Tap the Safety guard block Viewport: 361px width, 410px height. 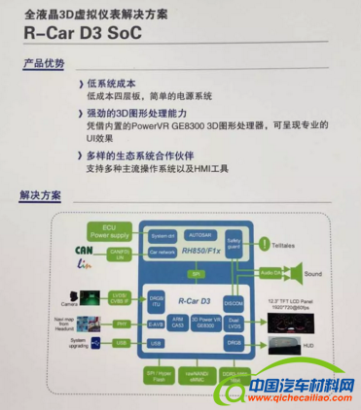235,243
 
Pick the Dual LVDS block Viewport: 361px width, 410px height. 234,322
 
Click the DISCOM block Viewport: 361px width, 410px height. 234,299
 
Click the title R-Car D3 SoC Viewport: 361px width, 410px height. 90,33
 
